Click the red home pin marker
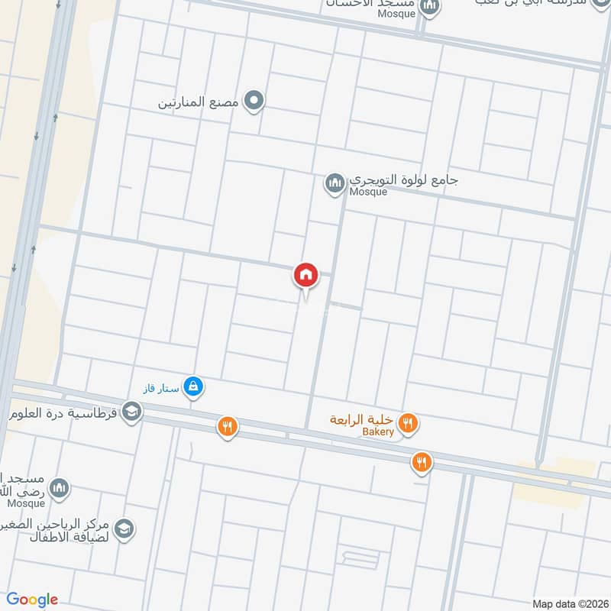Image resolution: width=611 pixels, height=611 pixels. [306, 275]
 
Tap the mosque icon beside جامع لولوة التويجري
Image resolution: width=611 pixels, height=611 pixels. [334, 183]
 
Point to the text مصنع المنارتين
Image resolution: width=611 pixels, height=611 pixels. [198, 102]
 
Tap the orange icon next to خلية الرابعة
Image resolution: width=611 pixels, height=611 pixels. [409, 422]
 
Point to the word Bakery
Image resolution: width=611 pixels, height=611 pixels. [378, 432]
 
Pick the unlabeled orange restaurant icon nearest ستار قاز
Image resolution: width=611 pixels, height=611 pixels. [227, 428]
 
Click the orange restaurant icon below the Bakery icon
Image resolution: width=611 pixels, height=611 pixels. [421, 461]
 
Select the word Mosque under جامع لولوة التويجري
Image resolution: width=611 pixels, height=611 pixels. [368, 192]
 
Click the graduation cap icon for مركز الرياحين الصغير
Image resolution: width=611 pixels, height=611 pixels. [124, 528]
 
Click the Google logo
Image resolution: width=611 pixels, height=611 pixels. [33, 600]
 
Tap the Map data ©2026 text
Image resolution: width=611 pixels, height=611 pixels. [569, 603]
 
